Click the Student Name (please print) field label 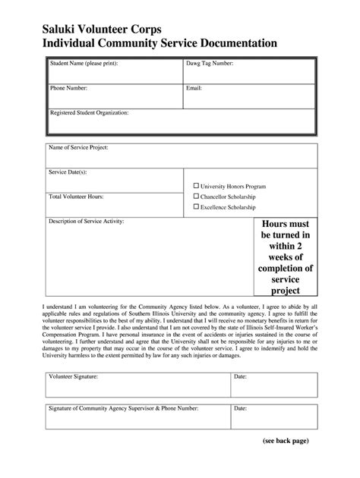click(x=84, y=64)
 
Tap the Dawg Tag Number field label click(x=209, y=64)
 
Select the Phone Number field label click(x=69, y=88)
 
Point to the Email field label click(x=194, y=88)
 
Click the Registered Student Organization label click(x=89, y=112)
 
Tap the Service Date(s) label click(x=68, y=172)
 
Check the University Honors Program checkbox click(x=196, y=185)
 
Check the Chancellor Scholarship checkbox click(x=196, y=196)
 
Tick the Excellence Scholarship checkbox click(x=196, y=206)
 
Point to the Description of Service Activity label click(x=86, y=222)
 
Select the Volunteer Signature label click(x=73, y=376)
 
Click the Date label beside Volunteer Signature click(x=240, y=376)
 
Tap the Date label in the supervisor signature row click(x=240, y=408)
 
